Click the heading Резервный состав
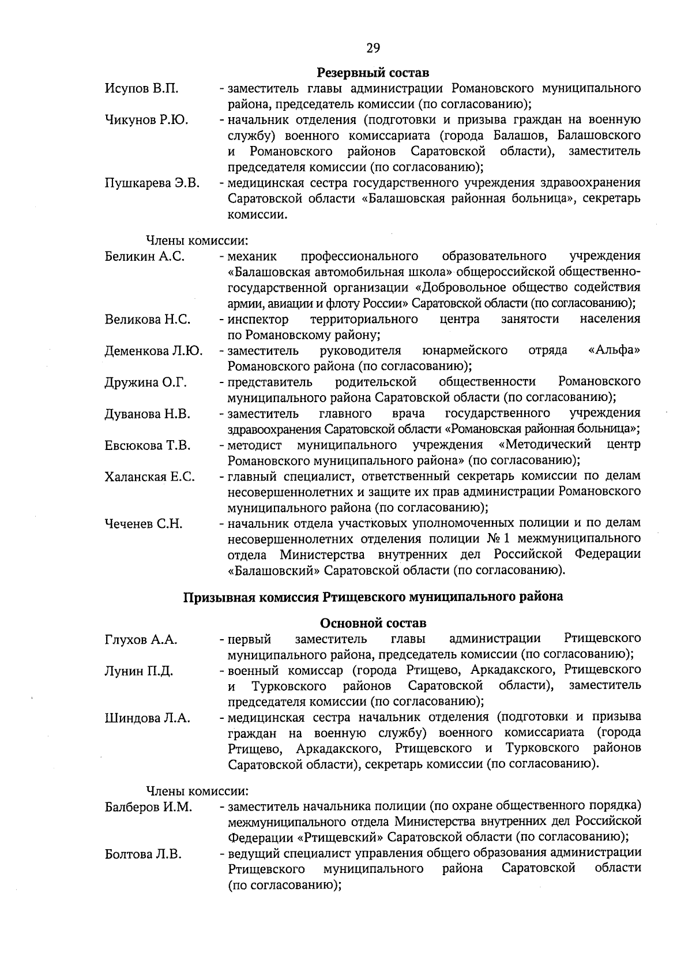373,73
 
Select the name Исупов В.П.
141,89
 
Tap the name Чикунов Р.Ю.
146,120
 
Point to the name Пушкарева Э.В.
152,183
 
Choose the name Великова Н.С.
148,320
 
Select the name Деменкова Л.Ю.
153,351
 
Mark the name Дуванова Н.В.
148,414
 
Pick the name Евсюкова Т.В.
148,445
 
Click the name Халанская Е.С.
150,477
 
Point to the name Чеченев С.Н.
144,524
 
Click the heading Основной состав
373,623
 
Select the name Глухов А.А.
141,639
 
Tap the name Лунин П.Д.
139,671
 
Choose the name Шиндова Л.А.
148,718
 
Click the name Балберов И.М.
149,807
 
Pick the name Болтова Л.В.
144,854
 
